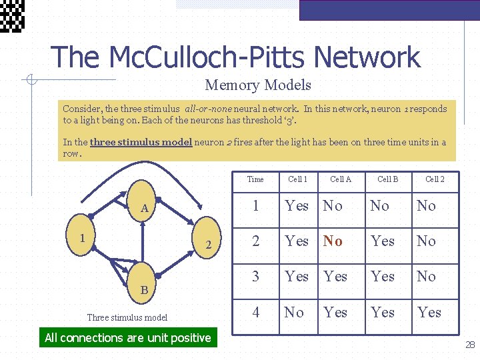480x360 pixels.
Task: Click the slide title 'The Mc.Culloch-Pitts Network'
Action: (x=235, y=57)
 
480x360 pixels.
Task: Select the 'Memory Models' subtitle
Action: (x=258, y=85)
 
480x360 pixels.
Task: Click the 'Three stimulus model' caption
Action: (x=127, y=318)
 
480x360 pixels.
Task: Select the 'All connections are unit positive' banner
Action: (x=128, y=338)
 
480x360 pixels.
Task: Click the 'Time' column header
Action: (x=255, y=179)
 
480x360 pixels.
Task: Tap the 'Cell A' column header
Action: (x=340, y=179)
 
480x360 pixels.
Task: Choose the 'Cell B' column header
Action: (x=387, y=179)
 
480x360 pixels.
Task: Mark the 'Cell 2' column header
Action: (x=435, y=179)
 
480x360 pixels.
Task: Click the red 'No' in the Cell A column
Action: (x=333, y=241)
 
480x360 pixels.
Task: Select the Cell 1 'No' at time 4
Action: (x=294, y=312)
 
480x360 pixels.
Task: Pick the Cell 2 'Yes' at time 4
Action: (x=429, y=312)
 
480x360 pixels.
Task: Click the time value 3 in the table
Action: (x=255, y=276)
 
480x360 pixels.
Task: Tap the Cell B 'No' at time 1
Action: (x=379, y=205)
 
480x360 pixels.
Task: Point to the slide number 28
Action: (x=470, y=345)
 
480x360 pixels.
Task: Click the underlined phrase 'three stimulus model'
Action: (x=141, y=142)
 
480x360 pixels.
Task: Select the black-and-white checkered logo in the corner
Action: (x=12, y=15)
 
